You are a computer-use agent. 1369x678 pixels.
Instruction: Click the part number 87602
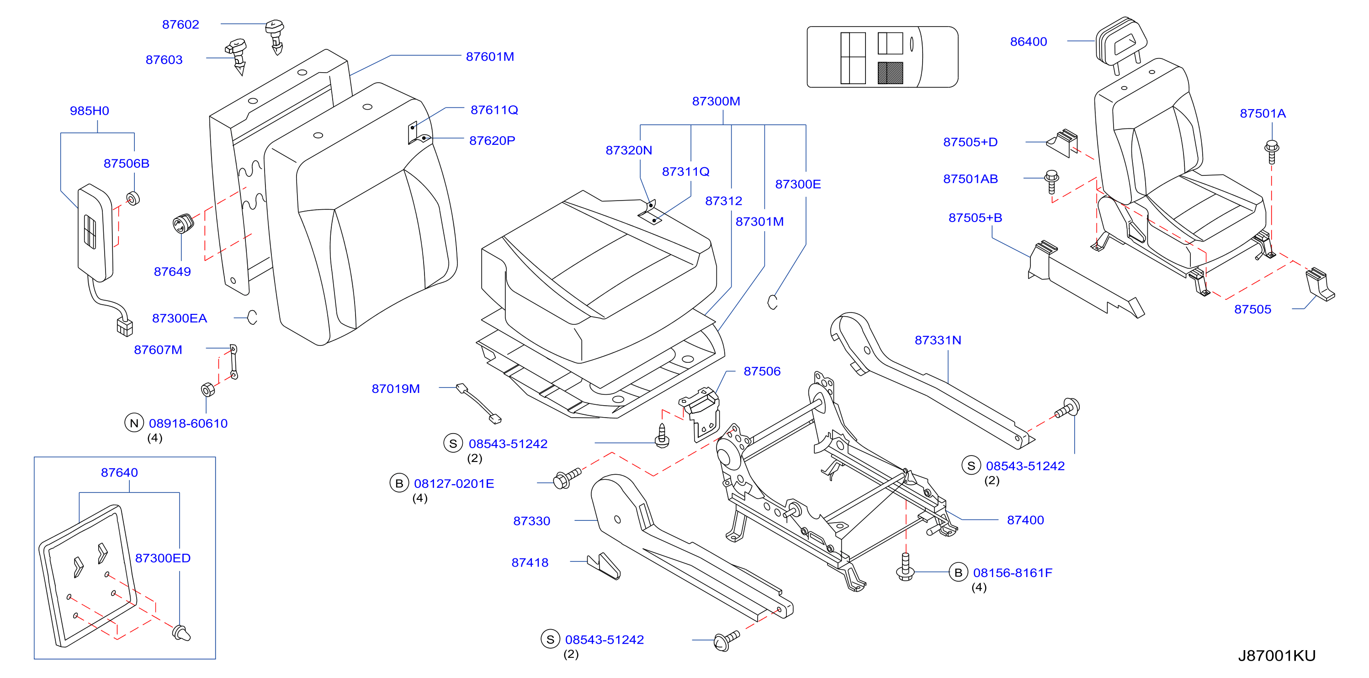click(180, 24)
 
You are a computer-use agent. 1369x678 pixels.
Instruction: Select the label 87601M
click(490, 56)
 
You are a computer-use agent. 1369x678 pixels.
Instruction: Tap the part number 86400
click(1028, 42)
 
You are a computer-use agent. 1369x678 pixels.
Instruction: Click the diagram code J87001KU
click(1277, 656)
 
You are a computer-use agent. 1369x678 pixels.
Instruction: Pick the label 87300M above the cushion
click(716, 101)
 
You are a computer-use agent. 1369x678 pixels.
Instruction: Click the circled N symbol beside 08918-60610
click(134, 423)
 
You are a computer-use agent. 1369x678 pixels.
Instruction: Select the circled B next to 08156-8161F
click(958, 572)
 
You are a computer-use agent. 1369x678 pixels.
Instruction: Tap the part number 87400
click(1025, 520)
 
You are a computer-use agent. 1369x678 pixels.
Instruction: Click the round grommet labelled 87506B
click(133, 199)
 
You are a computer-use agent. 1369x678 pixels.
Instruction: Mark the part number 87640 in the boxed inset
click(119, 472)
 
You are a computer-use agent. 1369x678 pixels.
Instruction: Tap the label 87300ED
click(163, 558)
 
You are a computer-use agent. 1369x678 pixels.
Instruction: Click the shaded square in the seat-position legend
click(890, 73)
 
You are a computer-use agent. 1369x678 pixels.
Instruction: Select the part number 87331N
click(938, 340)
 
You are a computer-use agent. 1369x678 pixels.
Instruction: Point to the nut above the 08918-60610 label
click(208, 389)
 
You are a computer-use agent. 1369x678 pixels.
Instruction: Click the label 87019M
click(395, 389)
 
